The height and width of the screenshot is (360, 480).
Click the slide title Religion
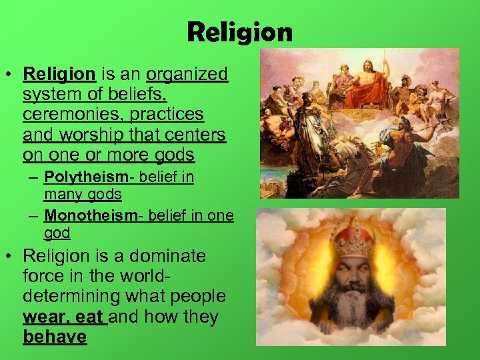tap(239, 31)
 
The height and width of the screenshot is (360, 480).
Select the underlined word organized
tap(187, 74)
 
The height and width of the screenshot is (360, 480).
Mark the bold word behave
tap(55, 337)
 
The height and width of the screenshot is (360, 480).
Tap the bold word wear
tap(43, 317)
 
